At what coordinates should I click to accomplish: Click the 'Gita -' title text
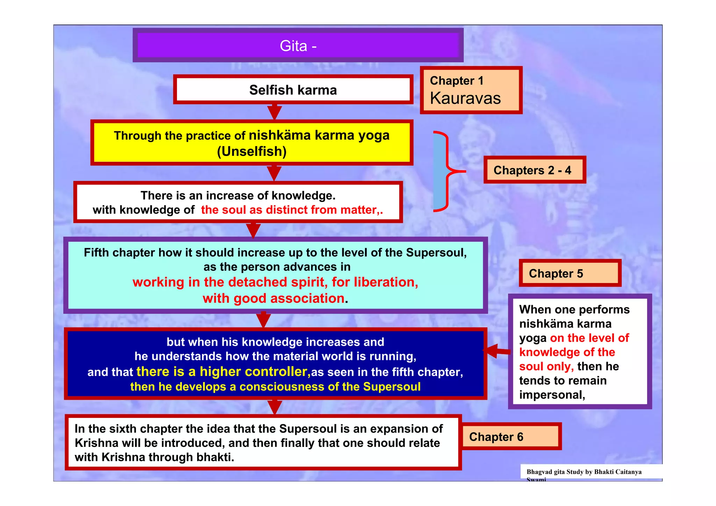pyautogui.click(x=298, y=46)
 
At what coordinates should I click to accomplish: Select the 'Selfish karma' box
pyautogui.click(x=293, y=90)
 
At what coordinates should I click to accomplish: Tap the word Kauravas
pyautogui.click(x=465, y=99)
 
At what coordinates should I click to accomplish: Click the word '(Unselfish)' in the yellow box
pyautogui.click(x=252, y=152)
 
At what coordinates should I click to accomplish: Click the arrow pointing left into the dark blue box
pyautogui.click(x=496, y=351)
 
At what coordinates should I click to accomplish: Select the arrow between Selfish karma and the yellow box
pyautogui.click(x=274, y=111)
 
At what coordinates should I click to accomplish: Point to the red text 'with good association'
pyautogui.click(x=273, y=298)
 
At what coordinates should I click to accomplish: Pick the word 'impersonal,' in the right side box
pyautogui.click(x=552, y=395)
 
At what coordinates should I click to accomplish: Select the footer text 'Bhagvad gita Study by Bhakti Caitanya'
pyautogui.click(x=584, y=472)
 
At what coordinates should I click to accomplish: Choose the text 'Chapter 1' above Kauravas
pyautogui.click(x=457, y=81)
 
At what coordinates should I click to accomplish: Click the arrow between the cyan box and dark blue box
pyautogui.click(x=263, y=319)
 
